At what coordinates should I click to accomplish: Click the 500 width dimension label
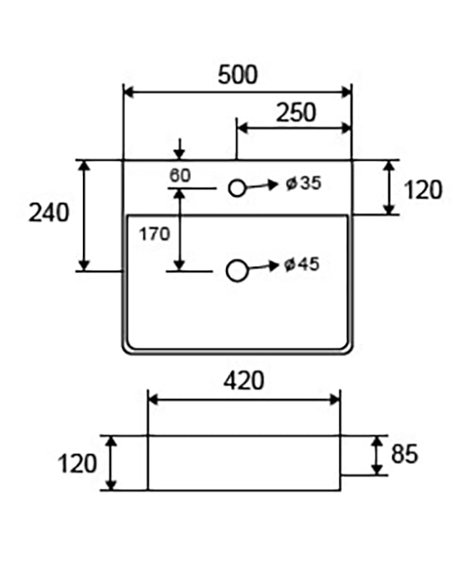tap(238, 74)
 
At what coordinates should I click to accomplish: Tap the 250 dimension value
tap(296, 112)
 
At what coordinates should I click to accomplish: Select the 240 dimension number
tap(49, 212)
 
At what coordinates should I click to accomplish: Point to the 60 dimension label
tap(180, 175)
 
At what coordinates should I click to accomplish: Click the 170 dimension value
tap(154, 234)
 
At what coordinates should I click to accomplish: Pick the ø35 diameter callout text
tap(304, 183)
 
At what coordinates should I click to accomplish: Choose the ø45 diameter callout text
tap(302, 264)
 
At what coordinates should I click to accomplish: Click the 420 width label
tap(244, 381)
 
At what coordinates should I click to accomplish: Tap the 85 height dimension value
tap(405, 454)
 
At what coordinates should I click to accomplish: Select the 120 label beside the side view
tap(77, 463)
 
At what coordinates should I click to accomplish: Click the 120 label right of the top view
tap(423, 190)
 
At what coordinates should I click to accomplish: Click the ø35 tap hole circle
tap(237, 188)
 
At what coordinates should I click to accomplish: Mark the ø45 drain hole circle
tap(236, 271)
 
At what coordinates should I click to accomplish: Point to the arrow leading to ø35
tap(262, 186)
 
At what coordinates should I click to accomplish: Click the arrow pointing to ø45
tap(263, 266)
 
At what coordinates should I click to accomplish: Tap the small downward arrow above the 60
tap(180, 149)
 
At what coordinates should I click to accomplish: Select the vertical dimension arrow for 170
tap(180, 229)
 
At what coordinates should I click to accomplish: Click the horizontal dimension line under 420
tap(244, 399)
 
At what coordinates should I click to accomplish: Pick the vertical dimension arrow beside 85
tap(377, 456)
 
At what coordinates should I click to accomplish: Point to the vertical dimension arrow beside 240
tap(85, 216)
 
